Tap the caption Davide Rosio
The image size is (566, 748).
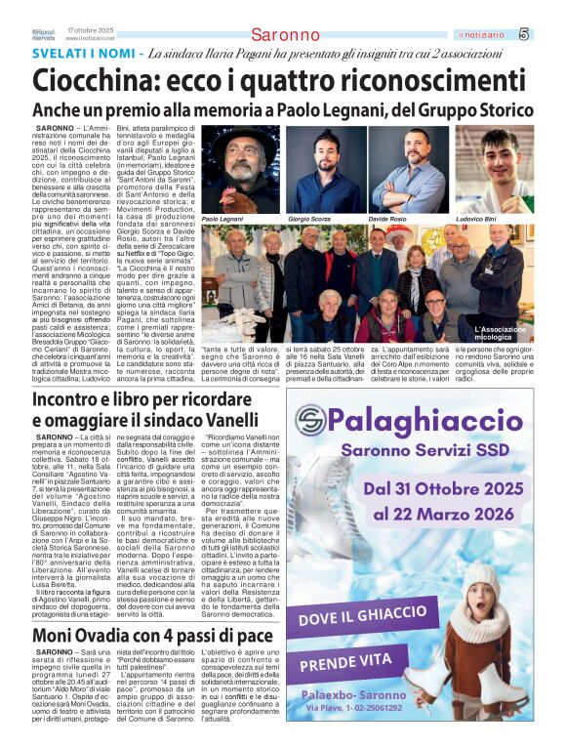(x=387, y=220)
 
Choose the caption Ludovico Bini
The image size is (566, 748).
(x=476, y=220)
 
